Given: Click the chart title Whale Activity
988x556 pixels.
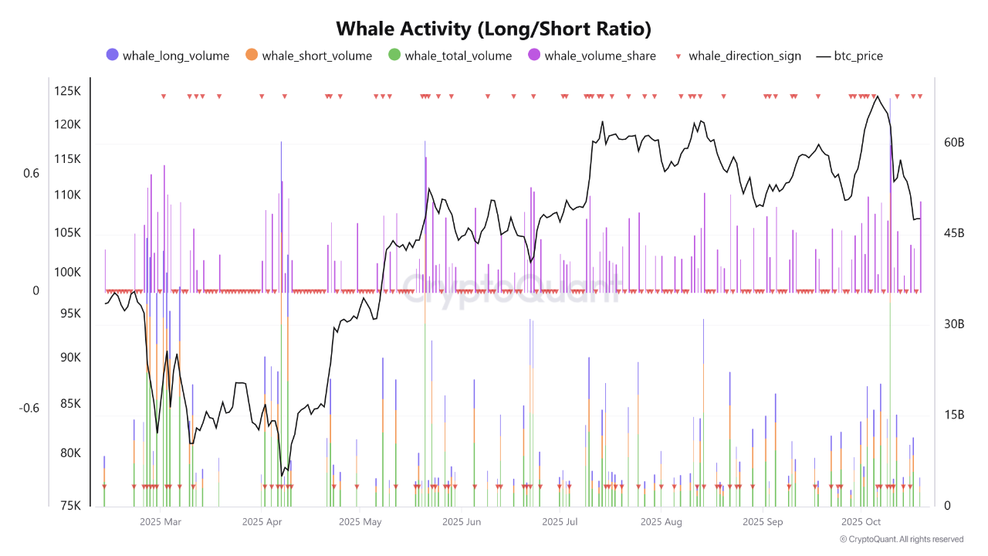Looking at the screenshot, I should click(494, 29).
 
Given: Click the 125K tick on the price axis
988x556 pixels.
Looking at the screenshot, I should click(67, 91).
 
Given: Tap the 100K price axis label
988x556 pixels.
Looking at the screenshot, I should click(67, 272).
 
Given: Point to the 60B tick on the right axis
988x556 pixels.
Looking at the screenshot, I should click(955, 143).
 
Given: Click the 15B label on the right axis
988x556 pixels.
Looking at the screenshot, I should click(955, 415).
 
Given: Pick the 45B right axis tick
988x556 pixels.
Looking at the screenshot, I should click(955, 233).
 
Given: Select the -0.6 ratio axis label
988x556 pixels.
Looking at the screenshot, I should click(29, 408).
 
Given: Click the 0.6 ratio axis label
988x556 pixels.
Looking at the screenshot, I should click(31, 173).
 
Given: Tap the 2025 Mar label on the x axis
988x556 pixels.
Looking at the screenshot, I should click(161, 522).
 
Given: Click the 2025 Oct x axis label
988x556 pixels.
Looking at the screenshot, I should click(861, 522).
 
